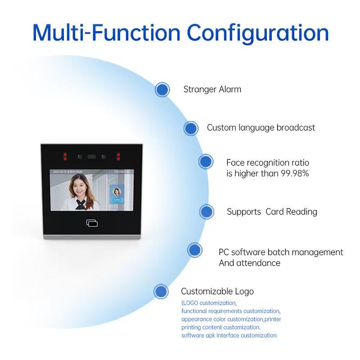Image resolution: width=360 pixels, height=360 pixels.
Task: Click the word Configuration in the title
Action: click(257, 32)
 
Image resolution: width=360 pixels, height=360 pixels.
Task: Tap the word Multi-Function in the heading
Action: click(106, 32)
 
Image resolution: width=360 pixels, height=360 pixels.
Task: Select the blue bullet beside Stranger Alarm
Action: click(162, 90)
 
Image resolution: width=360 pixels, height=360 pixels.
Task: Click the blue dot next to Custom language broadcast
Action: click(191, 128)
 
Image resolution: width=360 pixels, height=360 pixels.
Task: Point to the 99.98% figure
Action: click(293, 173)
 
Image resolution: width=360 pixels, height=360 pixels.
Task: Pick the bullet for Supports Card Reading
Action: click(207, 211)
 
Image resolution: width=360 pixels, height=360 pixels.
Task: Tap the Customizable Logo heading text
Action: click(217, 291)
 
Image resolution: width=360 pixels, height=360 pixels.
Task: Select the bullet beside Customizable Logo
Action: click(161, 292)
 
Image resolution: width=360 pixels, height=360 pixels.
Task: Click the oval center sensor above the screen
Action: click(92, 157)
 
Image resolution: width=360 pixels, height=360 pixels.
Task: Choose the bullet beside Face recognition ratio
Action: click(206, 162)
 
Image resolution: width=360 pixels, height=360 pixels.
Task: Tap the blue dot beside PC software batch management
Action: click(194, 250)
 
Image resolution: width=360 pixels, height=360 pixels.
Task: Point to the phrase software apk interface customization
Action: click(229, 335)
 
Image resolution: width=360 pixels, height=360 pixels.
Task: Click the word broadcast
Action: click(296, 128)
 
